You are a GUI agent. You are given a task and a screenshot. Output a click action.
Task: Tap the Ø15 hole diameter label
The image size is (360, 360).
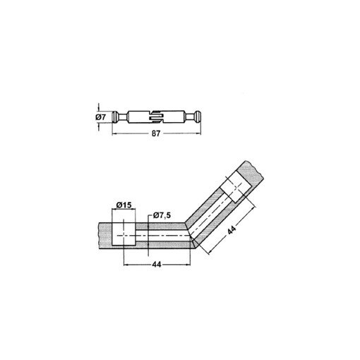(x=124, y=205)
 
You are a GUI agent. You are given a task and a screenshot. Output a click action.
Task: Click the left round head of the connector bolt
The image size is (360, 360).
(x=116, y=116)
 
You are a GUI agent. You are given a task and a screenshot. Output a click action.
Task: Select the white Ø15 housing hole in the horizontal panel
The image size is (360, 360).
(x=124, y=232)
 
